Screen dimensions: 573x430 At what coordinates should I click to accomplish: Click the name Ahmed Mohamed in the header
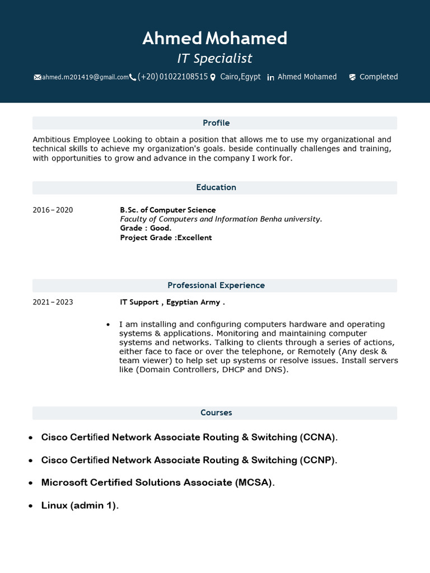(215, 38)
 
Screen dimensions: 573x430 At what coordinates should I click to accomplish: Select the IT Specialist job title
(215, 58)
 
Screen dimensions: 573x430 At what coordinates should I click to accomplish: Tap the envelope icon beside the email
(38, 77)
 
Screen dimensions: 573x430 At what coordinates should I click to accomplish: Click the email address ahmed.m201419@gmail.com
(85, 77)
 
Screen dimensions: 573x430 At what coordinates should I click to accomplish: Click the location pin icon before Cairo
(213, 77)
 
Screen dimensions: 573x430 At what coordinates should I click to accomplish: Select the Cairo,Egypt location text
(240, 77)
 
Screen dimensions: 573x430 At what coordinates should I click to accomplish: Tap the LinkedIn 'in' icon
(270, 77)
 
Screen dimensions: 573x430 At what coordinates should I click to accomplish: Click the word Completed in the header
(378, 77)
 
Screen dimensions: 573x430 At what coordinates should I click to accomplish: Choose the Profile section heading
(216, 123)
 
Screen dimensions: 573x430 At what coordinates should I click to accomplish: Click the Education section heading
(216, 187)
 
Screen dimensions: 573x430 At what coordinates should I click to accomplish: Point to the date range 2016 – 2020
(53, 210)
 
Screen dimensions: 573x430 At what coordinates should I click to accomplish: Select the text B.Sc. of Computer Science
(167, 210)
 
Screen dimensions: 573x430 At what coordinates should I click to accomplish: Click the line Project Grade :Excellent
(166, 238)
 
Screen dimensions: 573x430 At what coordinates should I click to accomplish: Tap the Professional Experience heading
(216, 285)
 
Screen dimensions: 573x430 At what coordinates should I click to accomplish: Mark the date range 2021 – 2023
(53, 302)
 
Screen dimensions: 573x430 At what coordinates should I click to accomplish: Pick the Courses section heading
(216, 413)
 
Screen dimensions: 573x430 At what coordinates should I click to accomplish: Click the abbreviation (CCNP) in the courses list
(318, 460)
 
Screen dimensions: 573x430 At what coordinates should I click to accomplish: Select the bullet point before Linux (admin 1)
(30, 506)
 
